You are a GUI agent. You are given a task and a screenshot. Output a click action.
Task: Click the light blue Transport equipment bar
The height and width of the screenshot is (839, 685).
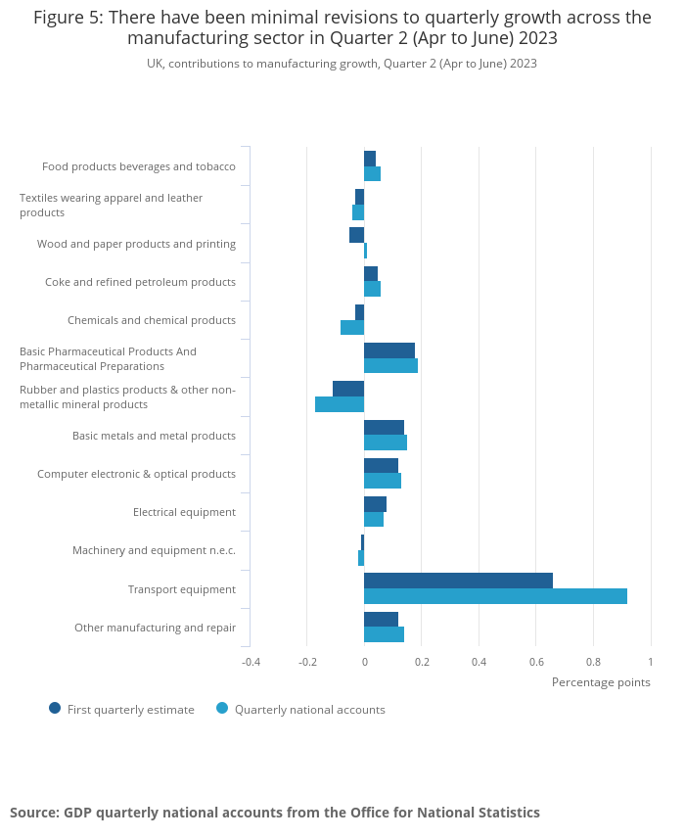coord(495,596)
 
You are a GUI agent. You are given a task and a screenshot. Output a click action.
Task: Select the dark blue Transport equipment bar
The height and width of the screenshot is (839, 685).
coord(458,581)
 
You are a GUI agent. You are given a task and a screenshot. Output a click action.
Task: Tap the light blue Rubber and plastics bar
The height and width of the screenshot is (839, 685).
coord(340,404)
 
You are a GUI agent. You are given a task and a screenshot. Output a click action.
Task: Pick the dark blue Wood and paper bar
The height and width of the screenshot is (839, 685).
coord(356,235)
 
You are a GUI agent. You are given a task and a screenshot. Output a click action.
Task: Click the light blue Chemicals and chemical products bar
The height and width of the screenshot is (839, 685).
coord(352,327)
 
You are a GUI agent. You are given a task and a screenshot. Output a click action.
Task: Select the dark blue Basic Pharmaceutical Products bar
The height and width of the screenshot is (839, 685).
coord(389,350)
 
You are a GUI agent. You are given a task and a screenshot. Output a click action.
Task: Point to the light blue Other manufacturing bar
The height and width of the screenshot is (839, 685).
coord(384,634)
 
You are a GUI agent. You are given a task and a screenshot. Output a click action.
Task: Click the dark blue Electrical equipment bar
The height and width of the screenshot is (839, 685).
coord(375,504)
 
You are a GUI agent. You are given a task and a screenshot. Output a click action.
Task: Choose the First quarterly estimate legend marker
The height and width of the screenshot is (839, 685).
coord(55,708)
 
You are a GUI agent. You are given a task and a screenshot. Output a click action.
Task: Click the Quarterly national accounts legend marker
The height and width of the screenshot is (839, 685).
coord(222,708)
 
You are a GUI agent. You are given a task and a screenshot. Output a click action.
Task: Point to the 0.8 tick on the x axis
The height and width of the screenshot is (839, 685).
coord(593,662)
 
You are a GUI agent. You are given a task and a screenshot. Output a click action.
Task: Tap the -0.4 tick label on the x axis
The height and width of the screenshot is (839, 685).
coord(251,662)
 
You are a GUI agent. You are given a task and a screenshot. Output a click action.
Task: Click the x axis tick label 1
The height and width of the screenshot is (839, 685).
coord(650,662)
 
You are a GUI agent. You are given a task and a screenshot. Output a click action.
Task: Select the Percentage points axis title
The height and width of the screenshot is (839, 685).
coord(601,682)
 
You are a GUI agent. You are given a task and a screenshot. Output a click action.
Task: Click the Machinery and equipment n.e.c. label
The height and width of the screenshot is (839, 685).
coord(154,550)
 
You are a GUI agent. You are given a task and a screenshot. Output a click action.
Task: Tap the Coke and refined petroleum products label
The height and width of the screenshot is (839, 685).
coord(140,282)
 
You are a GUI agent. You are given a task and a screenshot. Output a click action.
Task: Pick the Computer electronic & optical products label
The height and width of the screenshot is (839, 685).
coord(136,474)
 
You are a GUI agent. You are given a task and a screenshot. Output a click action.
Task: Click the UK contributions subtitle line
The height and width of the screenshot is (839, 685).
coord(342,64)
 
